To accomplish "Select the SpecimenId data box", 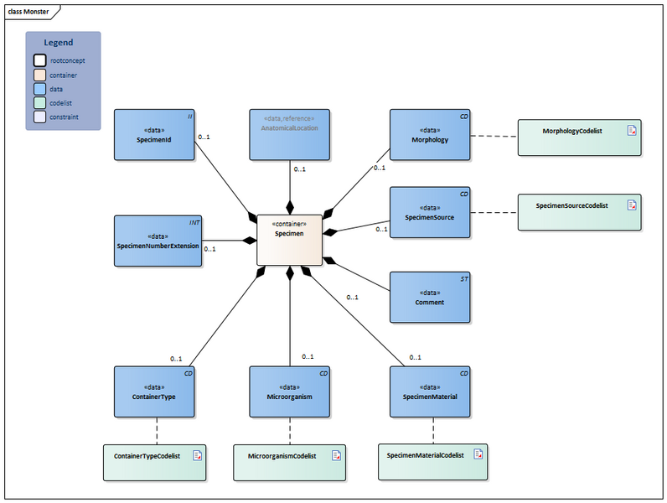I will click(x=153, y=134).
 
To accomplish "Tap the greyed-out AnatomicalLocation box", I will click(x=289, y=134).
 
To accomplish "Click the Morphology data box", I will click(x=430, y=134).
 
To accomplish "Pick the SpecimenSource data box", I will click(x=430, y=212).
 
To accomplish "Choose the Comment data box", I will click(x=430, y=297).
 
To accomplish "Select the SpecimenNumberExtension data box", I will click(x=158, y=241).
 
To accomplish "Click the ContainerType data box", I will click(x=154, y=392).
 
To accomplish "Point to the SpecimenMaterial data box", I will click(x=430, y=392).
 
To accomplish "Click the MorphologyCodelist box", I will click(x=579, y=137).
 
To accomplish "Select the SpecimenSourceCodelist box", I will click(x=579, y=212).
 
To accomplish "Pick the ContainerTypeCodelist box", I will click(x=154, y=462).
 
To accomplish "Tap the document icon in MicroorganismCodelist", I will click(x=335, y=456).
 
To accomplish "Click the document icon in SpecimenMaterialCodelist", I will click(x=478, y=454).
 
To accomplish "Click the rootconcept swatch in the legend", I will click(x=40, y=60).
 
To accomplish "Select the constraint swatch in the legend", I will click(x=40, y=117).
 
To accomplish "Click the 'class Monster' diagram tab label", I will click(x=29, y=11).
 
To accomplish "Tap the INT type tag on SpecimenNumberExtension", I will click(x=193, y=223).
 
